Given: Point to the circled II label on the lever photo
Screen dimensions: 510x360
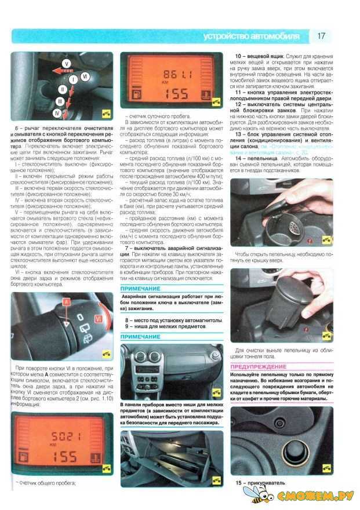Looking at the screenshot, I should (x=60, y=90).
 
